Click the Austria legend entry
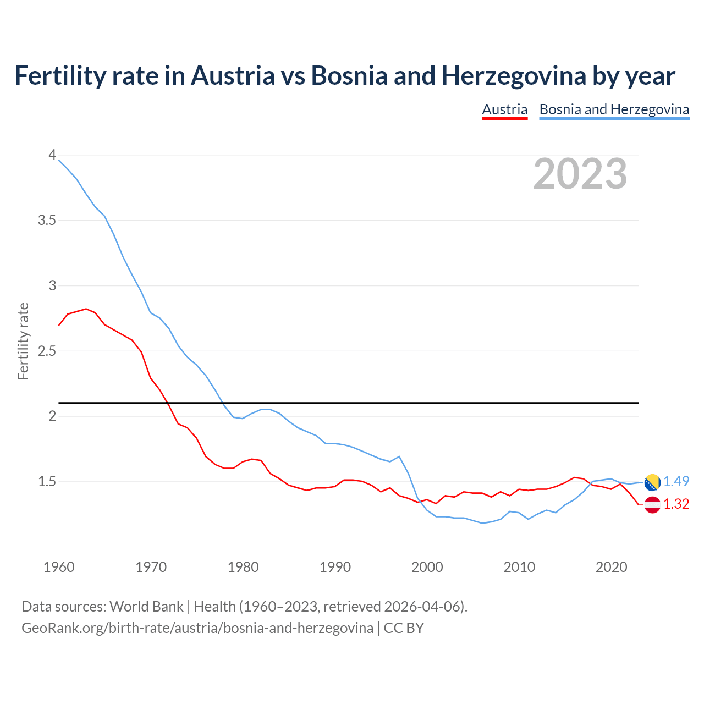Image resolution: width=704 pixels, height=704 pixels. [504, 109]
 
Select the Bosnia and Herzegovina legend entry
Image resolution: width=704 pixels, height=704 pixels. [614, 109]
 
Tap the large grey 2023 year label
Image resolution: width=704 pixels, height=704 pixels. [580, 174]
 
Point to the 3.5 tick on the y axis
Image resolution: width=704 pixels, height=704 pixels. [47, 221]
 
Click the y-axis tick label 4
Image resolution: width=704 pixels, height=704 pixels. [52, 155]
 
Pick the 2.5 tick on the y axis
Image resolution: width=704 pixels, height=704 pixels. [47, 351]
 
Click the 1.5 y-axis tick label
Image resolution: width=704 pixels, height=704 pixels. [47, 482]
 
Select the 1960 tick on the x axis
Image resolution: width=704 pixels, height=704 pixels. [59, 567]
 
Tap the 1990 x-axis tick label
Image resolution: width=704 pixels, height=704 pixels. [335, 567]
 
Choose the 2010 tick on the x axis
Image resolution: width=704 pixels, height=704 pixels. [519, 567]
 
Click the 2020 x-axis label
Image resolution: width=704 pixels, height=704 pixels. [611, 567]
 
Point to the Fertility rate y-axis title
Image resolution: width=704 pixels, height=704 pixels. [23, 341]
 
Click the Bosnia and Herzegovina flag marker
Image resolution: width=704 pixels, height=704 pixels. [652, 482]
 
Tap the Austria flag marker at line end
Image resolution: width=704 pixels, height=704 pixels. [652, 504]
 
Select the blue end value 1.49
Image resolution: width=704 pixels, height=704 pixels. [676, 482]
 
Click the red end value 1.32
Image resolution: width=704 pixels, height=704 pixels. [676, 504]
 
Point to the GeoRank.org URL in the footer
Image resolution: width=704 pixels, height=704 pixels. [197, 628]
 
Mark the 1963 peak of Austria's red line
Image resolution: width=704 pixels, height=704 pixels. [86, 309]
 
